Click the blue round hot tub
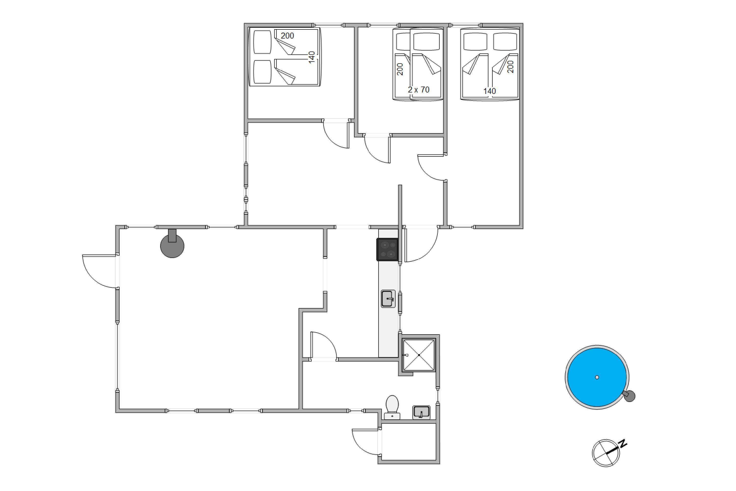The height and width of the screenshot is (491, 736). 597,377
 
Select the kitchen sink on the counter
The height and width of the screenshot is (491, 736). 388,298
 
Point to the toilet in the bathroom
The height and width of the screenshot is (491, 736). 392,407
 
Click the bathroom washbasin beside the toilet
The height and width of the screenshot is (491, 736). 421,413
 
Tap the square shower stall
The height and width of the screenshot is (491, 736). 419,355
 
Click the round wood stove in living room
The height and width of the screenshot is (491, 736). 172,244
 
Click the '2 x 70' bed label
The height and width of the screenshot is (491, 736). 419,90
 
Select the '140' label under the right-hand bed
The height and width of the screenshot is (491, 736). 489,91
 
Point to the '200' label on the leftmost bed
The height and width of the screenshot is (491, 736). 287,36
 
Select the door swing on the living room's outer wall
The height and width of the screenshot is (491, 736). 99,271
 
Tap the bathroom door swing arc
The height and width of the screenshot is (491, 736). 324,345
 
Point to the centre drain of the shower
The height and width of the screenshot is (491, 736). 419,355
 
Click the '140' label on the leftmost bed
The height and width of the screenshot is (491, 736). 312,57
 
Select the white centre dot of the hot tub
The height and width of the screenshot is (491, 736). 597,377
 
